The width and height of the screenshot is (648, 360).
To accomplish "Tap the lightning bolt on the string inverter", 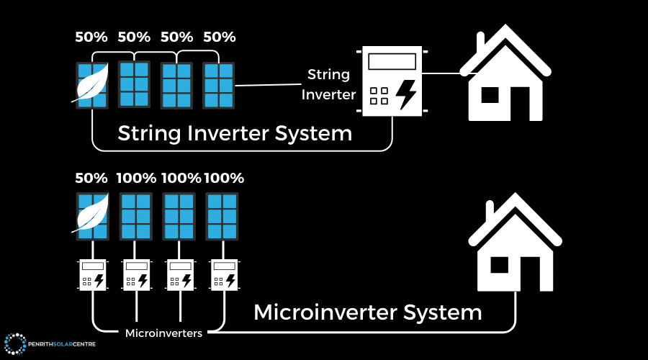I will click(x=407, y=95).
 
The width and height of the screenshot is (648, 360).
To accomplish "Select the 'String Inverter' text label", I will click(x=328, y=84).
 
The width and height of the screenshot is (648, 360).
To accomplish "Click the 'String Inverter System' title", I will click(x=235, y=133).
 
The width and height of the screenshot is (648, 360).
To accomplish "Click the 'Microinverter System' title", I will click(x=367, y=312).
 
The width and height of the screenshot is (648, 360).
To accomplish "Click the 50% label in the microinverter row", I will click(x=91, y=178).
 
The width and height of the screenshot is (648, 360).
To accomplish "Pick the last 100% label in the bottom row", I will click(x=224, y=178).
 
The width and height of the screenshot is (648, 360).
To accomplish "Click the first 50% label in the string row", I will click(x=91, y=37).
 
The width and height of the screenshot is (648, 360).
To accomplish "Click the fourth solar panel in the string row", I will click(x=218, y=85).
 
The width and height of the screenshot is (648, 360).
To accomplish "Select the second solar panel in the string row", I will click(x=134, y=84).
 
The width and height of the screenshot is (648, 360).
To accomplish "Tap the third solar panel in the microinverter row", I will click(x=178, y=217).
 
